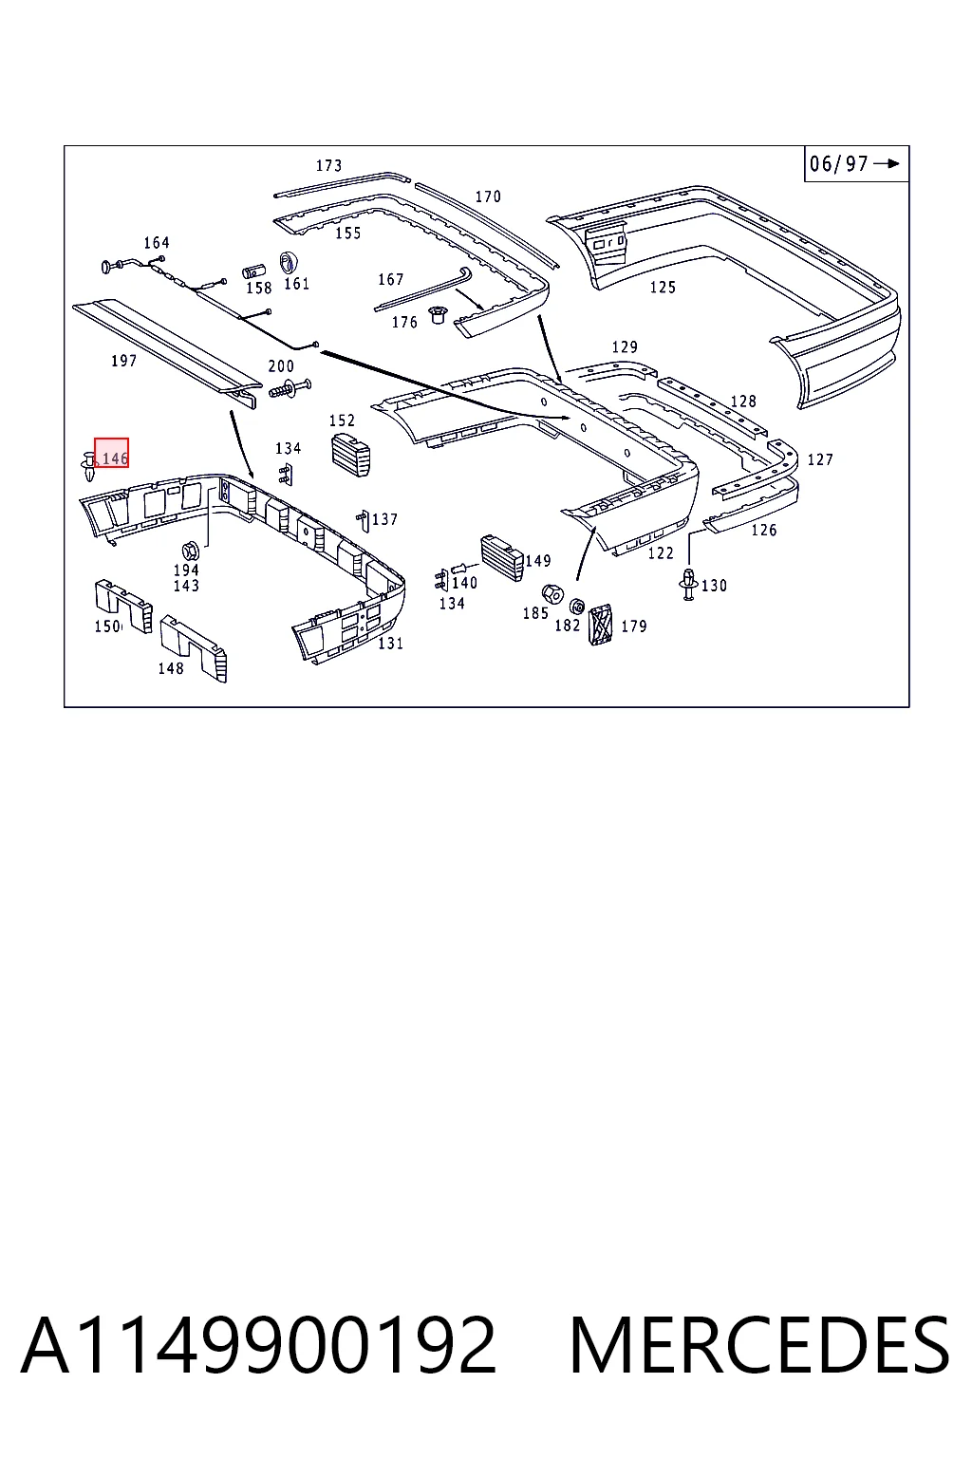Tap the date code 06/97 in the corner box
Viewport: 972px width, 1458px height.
pos(838,163)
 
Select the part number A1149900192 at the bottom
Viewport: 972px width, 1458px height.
pos(258,1345)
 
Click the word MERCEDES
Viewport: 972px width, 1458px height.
pos(759,1345)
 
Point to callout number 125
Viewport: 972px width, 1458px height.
pos(663,287)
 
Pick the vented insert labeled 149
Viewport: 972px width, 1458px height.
pos(502,558)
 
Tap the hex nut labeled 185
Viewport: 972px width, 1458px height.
pos(552,593)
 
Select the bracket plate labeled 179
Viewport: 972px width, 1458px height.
pos(600,625)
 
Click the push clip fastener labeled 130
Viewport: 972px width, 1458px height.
pos(689,584)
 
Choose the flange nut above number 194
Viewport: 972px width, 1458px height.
pos(190,551)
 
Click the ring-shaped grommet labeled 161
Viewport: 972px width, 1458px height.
pos(289,262)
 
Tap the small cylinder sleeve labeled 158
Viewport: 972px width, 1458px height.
pos(253,271)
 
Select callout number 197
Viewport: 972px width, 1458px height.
pos(123,361)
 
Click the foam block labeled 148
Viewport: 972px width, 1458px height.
pos(194,648)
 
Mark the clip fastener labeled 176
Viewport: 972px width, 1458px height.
pos(437,316)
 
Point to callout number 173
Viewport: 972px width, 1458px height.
pos(328,165)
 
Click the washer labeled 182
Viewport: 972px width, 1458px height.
pos(577,606)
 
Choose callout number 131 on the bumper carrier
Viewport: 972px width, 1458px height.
pos(391,643)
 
